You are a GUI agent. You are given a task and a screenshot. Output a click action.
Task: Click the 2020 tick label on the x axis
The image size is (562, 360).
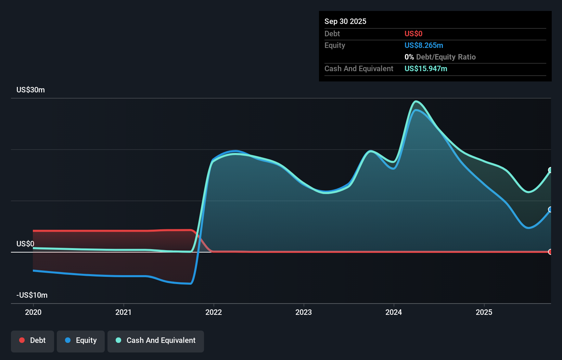coord(33,312)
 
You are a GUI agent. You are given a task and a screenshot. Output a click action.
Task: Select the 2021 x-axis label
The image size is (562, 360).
coord(123,312)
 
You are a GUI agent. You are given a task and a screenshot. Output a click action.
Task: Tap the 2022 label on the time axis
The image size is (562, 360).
coord(214,312)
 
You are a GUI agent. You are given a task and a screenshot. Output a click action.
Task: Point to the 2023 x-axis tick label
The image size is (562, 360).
coord(304,312)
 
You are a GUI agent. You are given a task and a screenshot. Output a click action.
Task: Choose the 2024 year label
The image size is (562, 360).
coord(394,312)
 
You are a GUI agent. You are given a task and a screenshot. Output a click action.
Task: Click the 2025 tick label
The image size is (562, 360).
coord(484,312)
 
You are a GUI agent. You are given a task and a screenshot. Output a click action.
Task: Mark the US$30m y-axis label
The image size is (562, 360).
coord(30,90)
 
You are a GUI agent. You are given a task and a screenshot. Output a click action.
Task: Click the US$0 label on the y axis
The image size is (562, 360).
coord(25,244)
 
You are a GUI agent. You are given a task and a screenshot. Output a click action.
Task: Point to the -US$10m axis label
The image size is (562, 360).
coord(32,295)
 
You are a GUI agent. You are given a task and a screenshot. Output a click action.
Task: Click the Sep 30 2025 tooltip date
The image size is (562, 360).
coord(345,21)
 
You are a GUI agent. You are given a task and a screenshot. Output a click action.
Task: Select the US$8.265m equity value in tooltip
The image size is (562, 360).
coord(424,45)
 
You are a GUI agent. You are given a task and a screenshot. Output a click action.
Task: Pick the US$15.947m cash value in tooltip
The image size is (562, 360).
coord(426,68)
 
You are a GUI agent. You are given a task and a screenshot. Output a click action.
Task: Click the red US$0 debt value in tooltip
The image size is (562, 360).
coord(413,34)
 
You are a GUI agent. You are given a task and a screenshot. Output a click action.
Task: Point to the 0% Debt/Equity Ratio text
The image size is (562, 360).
coord(440,57)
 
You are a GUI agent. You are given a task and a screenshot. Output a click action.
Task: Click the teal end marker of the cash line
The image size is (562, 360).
coord(550,170)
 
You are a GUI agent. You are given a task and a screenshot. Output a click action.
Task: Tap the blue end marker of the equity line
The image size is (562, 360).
coord(550,209)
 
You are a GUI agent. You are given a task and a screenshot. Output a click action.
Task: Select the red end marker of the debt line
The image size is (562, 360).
coord(550,252)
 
